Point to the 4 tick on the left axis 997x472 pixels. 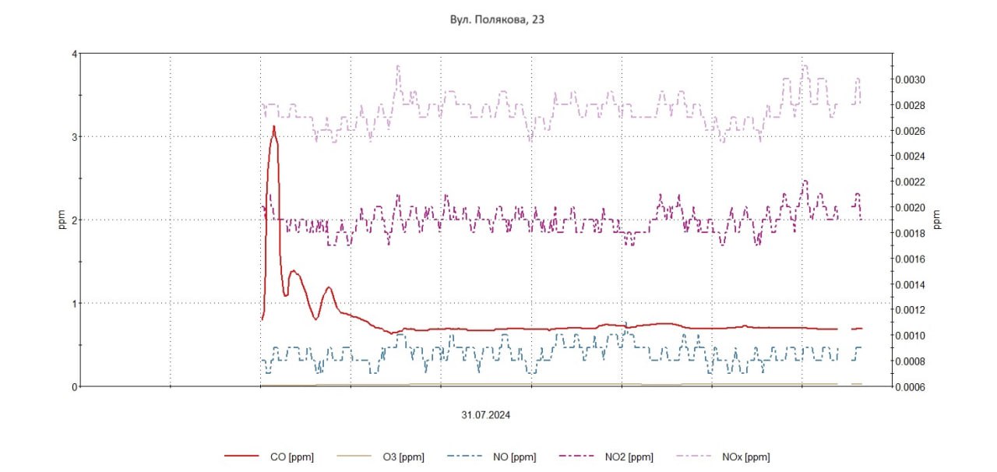pyautogui.click(x=74, y=54)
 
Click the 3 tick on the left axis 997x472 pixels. pyautogui.click(x=74, y=137)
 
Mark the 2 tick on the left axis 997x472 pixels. pyautogui.click(x=74, y=220)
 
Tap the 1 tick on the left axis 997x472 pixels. pyautogui.click(x=74, y=303)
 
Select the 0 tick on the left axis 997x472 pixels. pyautogui.click(x=74, y=386)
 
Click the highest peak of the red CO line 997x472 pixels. pyautogui.click(x=273, y=126)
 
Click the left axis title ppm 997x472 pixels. pyautogui.click(x=62, y=220)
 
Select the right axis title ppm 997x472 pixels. pyautogui.click(x=937, y=220)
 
